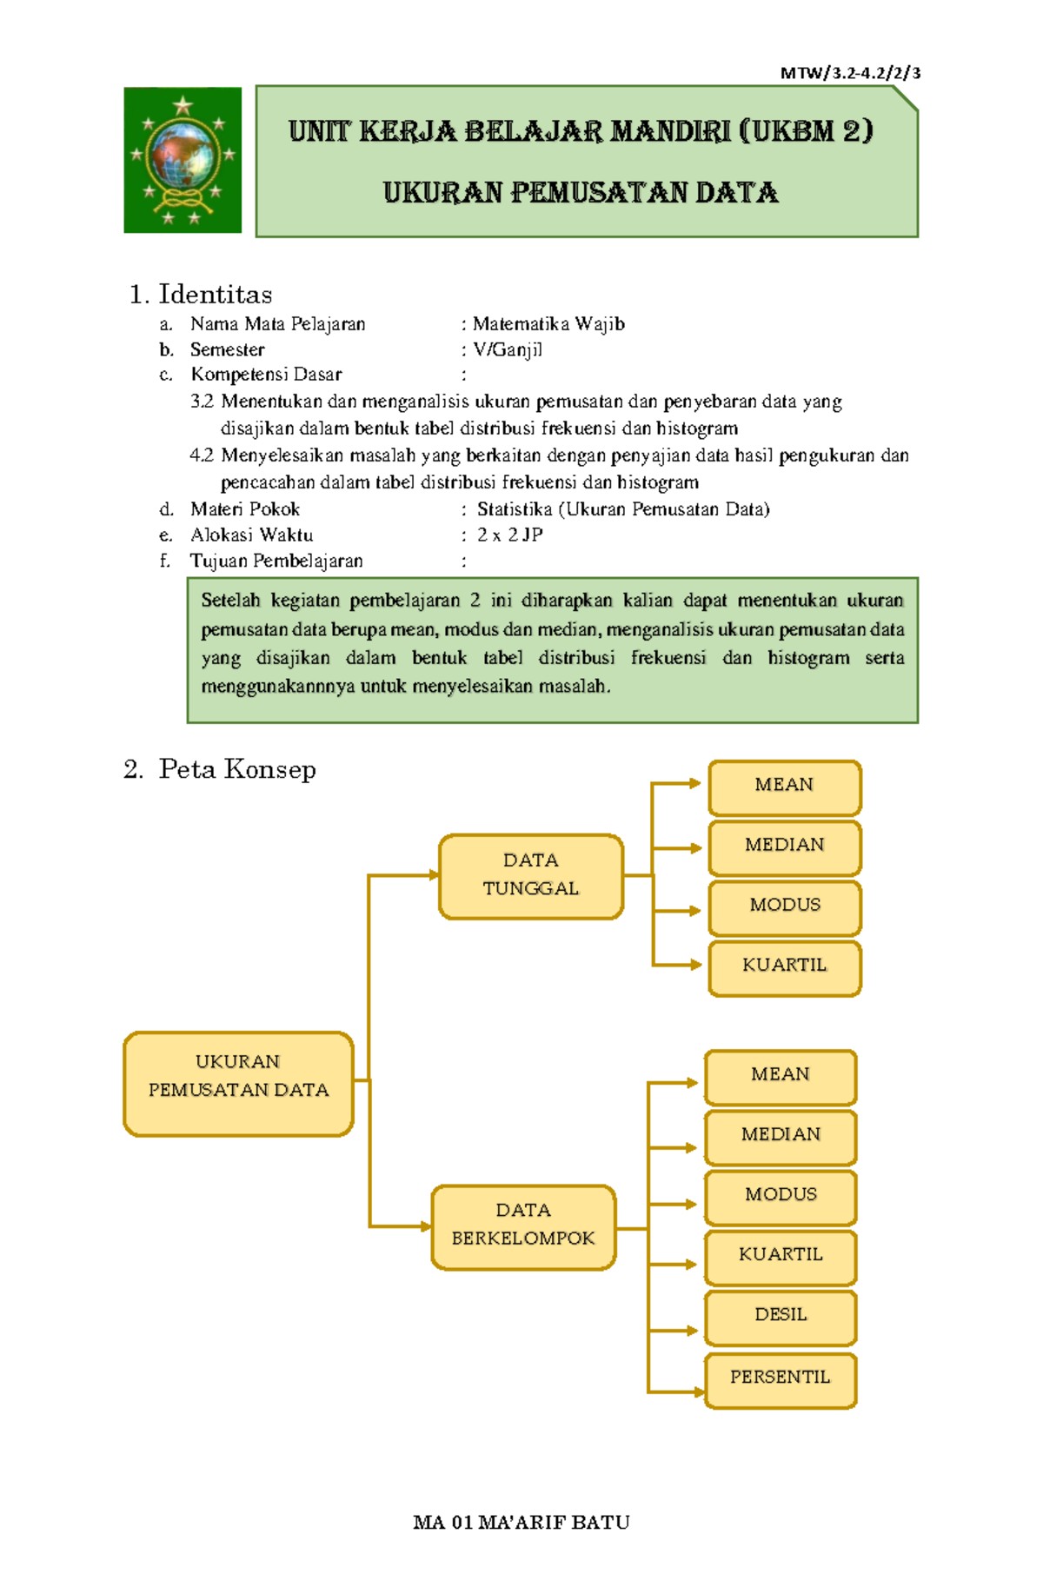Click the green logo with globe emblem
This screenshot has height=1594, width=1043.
183,160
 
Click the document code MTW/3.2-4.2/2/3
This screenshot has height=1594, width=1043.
850,73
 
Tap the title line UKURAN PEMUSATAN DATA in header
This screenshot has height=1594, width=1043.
581,193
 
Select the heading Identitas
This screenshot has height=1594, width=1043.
215,295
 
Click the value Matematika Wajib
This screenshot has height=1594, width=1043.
548,324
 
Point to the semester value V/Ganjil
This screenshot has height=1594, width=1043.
508,349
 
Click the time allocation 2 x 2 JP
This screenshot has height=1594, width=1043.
510,535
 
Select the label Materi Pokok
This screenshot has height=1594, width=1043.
245,509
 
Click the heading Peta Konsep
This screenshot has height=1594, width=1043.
236,769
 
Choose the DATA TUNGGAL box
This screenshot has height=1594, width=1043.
531,876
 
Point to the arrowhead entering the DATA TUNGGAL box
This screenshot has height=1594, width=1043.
434,875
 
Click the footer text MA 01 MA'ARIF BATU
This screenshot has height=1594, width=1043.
521,1522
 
